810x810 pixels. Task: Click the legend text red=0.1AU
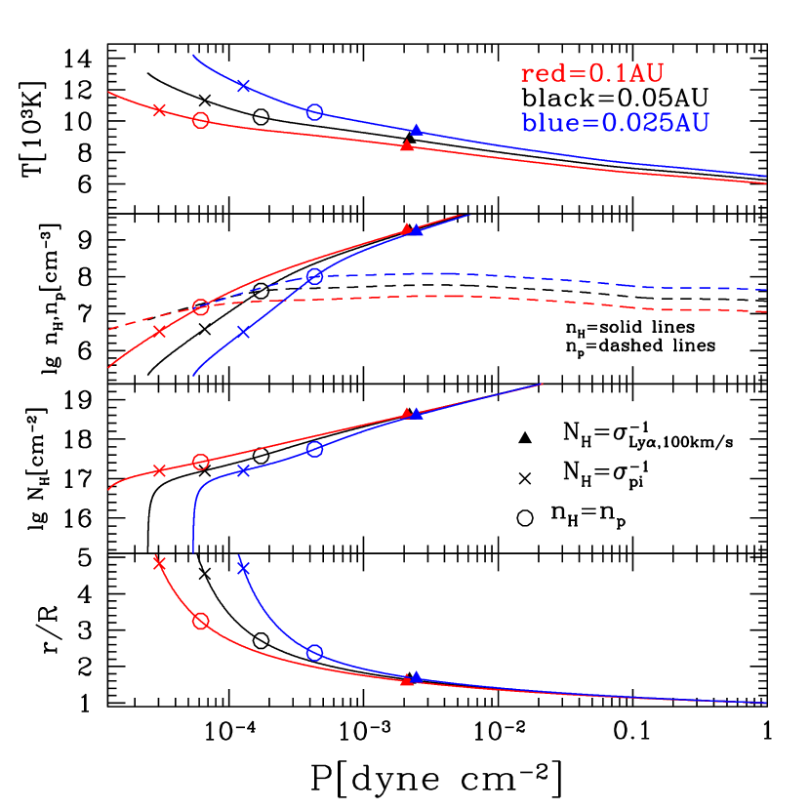coord(592,74)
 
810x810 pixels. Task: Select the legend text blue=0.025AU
coord(615,123)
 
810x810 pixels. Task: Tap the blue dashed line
coord(586,280)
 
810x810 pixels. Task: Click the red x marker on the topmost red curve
coord(159,109)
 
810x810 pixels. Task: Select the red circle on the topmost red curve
coord(201,120)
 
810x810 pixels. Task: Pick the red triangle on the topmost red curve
coord(407,145)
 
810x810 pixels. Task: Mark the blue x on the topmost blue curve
coord(244,86)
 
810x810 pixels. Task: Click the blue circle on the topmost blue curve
coord(314,112)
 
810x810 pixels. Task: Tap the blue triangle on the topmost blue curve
coord(417,129)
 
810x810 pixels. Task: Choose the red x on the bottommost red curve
coord(159,563)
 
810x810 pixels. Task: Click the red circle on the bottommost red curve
coord(201,622)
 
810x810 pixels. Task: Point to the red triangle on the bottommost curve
coord(407,679)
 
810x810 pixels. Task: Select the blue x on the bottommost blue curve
coord(244,568)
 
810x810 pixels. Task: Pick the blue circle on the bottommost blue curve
coord(314,652)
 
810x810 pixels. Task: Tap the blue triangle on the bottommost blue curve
coord(417,676)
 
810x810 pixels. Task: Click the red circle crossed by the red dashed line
coord(201,307)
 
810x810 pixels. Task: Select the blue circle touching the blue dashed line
coord(314,276)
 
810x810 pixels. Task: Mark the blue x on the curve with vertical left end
coord(244,470)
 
